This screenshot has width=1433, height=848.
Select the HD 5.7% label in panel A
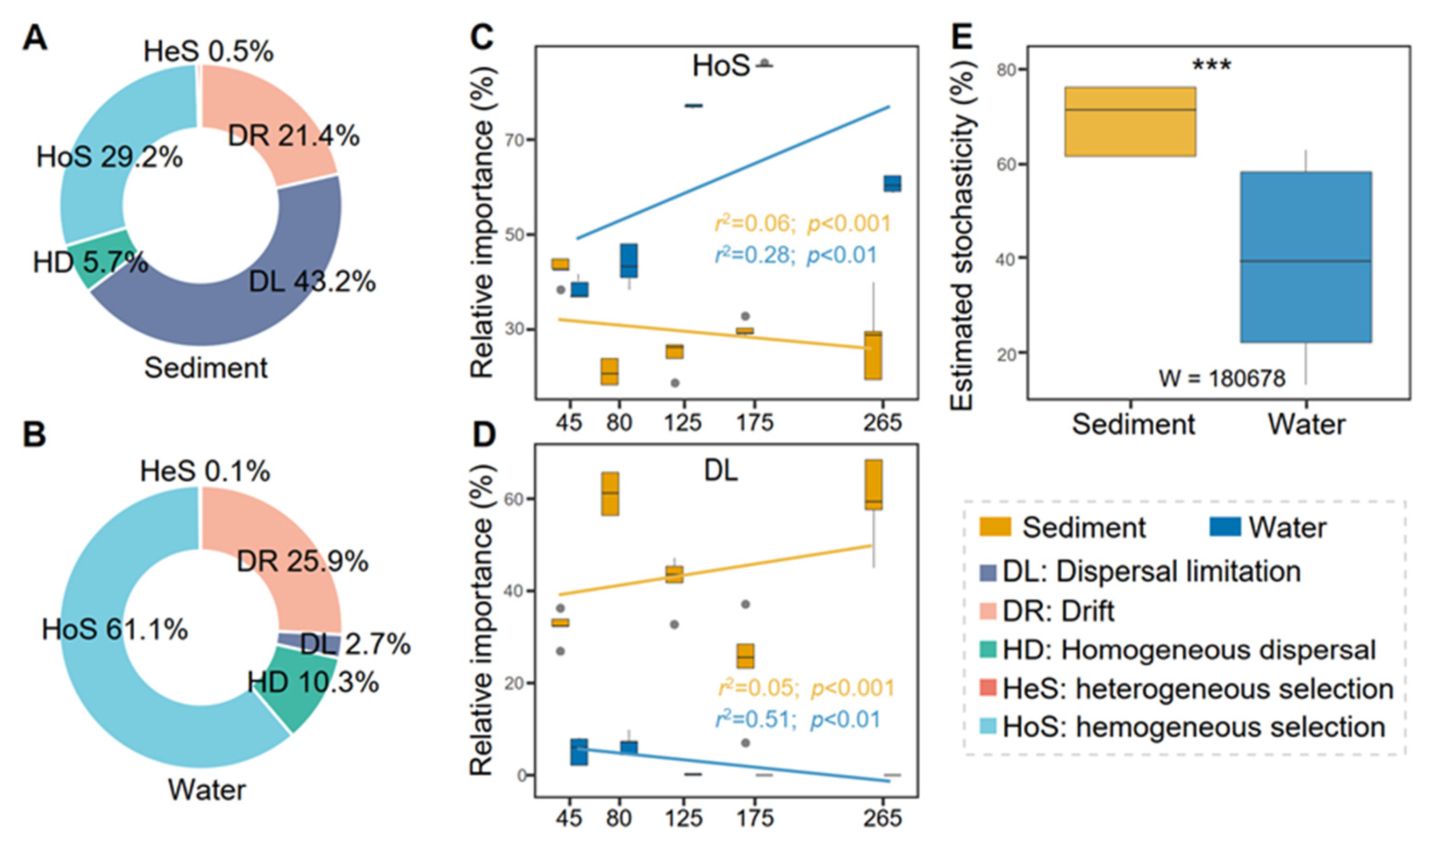(90, 264)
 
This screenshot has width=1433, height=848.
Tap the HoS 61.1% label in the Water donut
(115, 630)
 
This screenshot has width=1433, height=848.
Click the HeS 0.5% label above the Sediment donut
(208, 51)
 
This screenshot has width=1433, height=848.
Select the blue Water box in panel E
(1305, 257)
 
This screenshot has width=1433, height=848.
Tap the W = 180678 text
(1221, 378)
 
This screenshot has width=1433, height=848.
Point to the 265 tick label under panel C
(882, 422)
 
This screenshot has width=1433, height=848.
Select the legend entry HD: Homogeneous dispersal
(1189, 650)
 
